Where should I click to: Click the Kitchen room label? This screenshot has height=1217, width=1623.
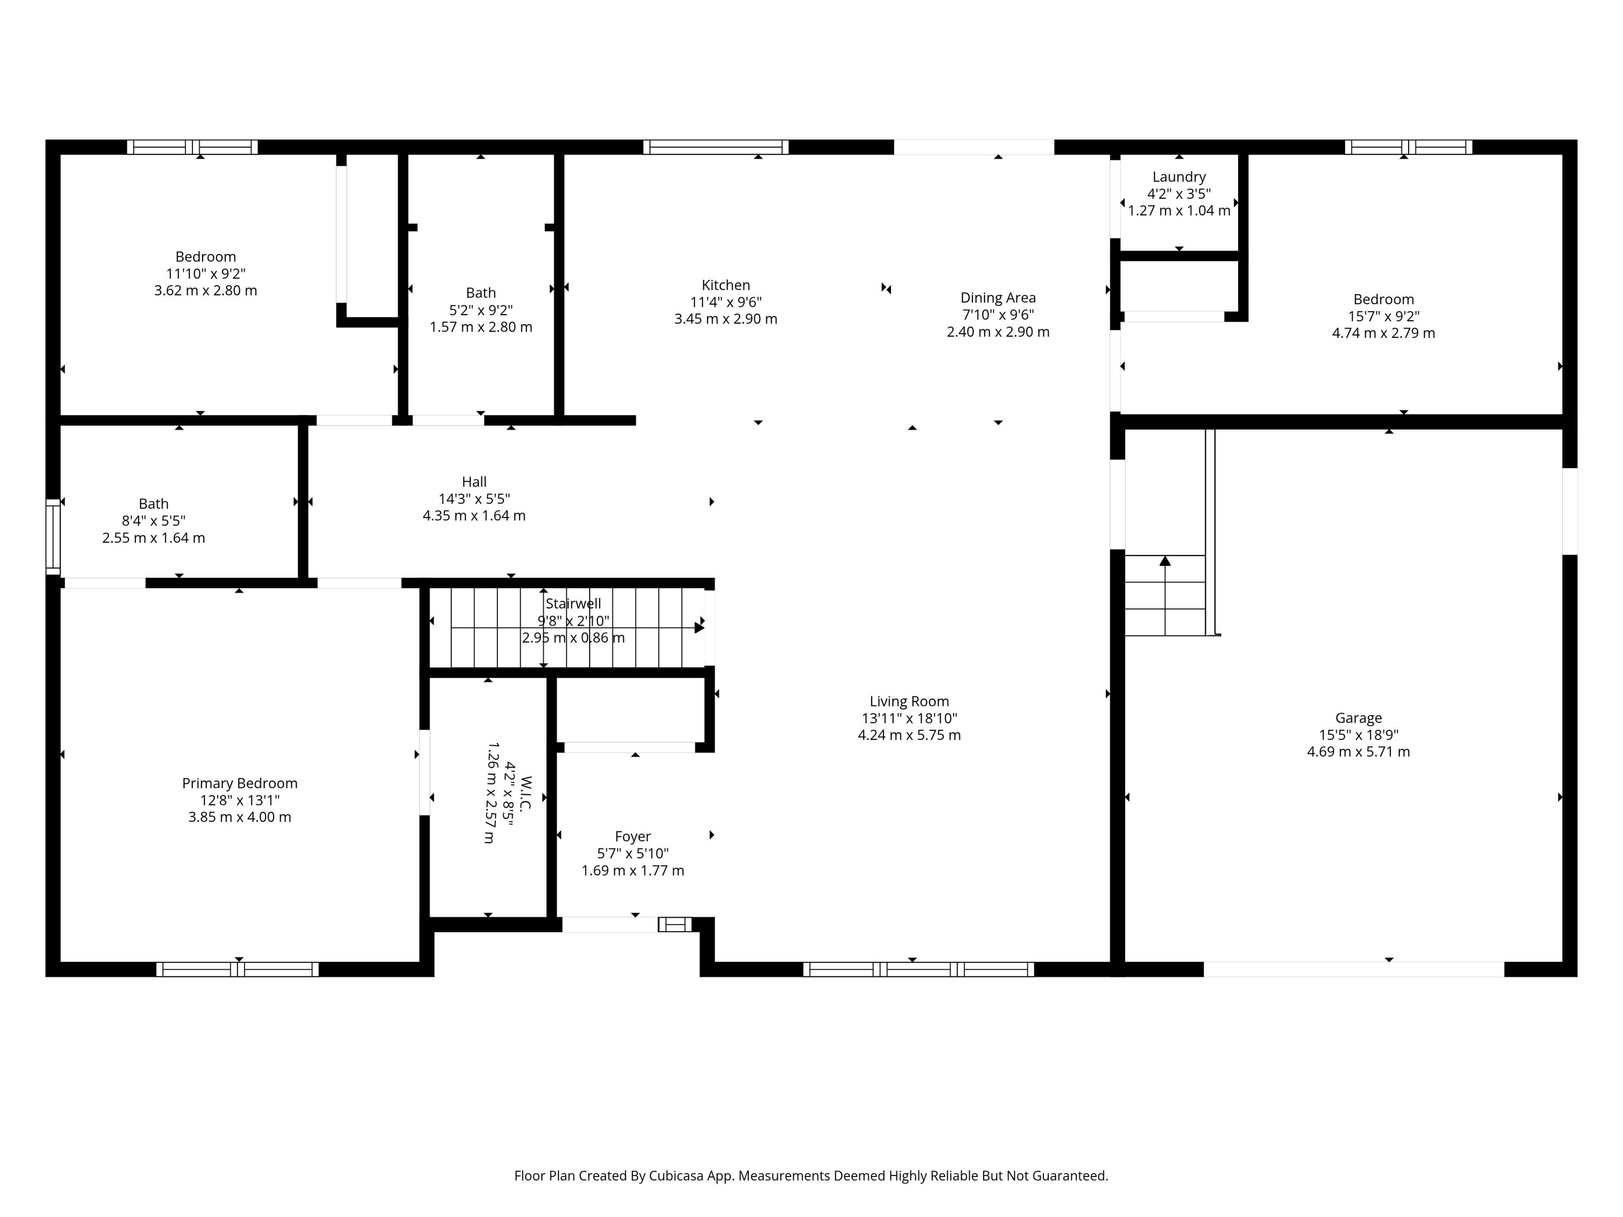pyautogui.click(x=726, y=285)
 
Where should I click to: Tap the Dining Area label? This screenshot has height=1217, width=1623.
pyautogui.click(x=998, y=298)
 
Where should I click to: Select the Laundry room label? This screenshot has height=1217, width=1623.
pyautogui.click(x=1179, y=177)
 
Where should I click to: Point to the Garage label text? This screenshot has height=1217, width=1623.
pyautogui.click(x=1358, y=718)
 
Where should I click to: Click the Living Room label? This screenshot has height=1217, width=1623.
pyautogui.click(x=909, y=701)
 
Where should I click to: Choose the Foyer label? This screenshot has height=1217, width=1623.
pyautogui.click(x=632, y=836)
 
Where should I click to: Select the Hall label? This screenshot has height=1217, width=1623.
pyautogui.click(x=474, y=482)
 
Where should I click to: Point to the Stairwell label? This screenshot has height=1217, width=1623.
pyautogui.click(x=573, y=604)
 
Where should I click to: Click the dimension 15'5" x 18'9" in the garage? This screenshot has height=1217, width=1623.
pyautogui.click(x=1358, y=735)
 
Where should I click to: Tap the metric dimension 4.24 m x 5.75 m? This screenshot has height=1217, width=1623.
pyautogui.click(x=909, y=735)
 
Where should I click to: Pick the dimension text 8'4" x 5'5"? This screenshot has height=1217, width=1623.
pyautogui.click(x=153, y=521)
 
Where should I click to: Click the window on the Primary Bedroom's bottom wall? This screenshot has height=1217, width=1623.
pyautogui.click(x=238, y=969)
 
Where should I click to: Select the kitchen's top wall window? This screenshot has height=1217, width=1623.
pyautogui.click(x=716, y=147)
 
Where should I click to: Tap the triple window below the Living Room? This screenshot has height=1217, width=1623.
pyautogui.click(x=918, y=969)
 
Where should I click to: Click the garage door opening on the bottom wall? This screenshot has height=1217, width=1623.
pyautogui.click(x=1354, y=969)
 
